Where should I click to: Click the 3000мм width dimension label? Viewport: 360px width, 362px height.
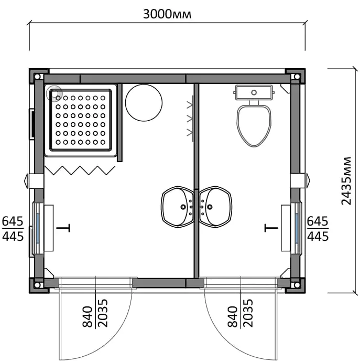[167, 14]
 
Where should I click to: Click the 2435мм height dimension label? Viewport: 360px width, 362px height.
[346, 181]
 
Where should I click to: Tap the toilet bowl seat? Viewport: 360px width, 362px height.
[254, 126]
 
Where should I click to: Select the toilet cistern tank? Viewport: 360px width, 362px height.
[254, 92]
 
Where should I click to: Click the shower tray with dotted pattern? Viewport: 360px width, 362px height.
[81, 120]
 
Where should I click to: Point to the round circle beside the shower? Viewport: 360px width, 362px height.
[144, 103]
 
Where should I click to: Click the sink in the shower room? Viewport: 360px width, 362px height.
[177, 207]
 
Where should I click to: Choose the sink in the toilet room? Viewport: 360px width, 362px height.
[215, 207]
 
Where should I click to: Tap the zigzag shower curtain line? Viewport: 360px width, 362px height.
[80, 171]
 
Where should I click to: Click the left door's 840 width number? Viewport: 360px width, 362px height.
[88, 317]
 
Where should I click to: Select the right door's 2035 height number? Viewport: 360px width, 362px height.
[248, 313]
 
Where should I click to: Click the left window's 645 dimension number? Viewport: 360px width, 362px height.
[13, 221]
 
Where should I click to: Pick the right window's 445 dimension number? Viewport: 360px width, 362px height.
[318, 237]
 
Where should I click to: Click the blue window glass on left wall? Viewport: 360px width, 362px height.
[38, 228]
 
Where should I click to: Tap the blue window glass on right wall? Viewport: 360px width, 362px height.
[297, 228]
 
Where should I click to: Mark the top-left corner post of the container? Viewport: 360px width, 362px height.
[38, 77]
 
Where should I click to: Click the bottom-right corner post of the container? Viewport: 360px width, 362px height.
[297, 285]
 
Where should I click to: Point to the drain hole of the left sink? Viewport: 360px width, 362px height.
[183, 207]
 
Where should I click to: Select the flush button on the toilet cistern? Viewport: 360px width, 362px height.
[254, 92]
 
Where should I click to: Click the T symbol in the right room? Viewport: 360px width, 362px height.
[271, 228]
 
